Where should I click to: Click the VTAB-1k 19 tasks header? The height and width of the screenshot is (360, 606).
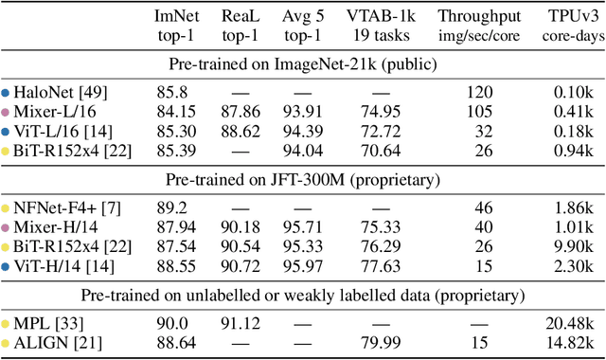pyautogui.click(x=383, y=27)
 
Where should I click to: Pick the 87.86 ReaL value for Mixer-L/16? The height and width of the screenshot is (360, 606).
pyautogui.click(x=241, y=113)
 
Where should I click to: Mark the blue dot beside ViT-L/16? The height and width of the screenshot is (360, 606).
pyautogui.click(x=6, y=132)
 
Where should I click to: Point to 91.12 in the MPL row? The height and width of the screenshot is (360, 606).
pyautogui.click(x=241, y=324)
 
